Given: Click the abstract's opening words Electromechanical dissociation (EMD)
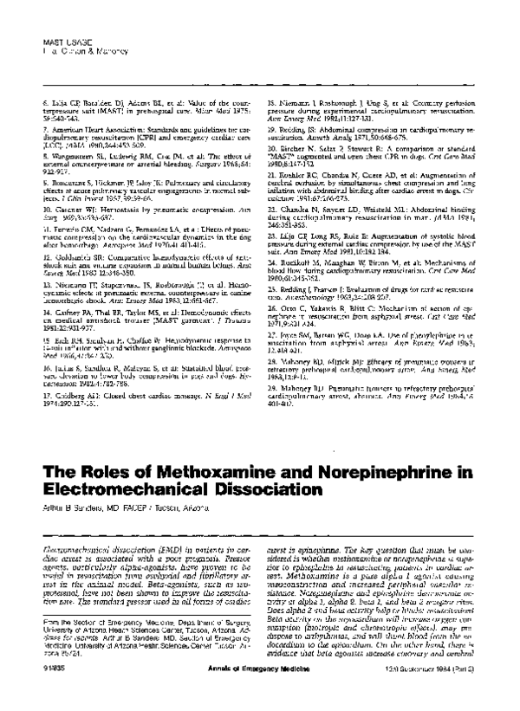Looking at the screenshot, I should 95,527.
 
